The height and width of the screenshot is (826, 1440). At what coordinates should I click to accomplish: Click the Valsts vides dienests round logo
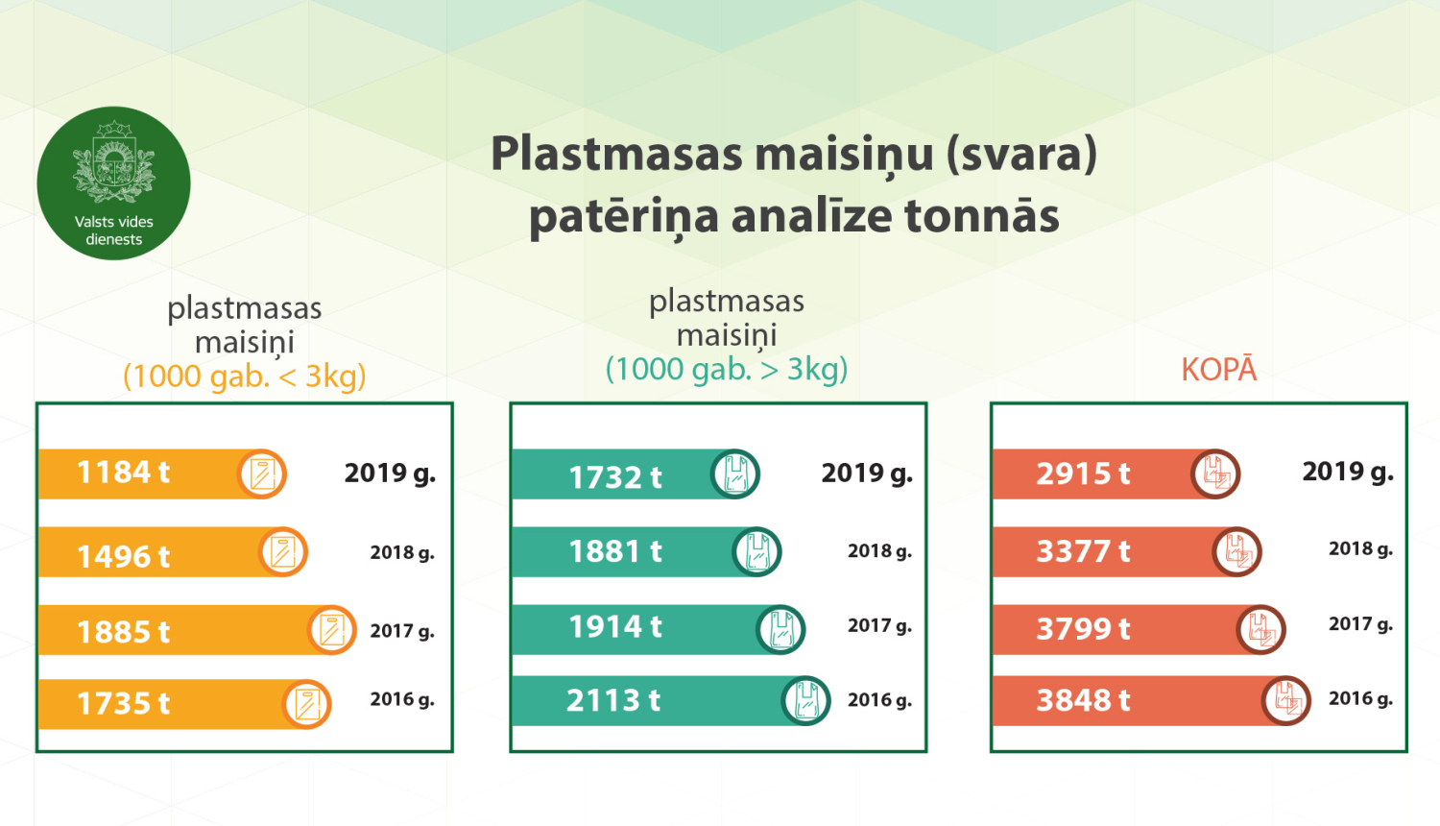113,182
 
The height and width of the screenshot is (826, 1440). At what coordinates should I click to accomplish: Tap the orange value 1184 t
123,473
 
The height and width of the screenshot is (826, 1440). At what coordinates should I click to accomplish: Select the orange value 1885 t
123,632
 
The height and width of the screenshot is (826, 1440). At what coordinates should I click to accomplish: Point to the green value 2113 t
613,701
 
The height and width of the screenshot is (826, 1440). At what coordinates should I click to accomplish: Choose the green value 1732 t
615,477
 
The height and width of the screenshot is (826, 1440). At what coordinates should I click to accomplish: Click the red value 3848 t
1083,701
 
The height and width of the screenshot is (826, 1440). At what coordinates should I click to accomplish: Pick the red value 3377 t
1083,551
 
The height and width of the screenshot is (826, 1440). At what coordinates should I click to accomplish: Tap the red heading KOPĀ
1218,370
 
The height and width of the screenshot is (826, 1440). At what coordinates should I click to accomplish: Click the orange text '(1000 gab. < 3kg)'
245,376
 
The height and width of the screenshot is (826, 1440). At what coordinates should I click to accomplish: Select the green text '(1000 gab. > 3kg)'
727,369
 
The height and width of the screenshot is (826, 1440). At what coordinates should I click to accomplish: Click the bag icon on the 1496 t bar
283,552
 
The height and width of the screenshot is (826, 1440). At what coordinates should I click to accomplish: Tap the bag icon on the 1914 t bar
780,630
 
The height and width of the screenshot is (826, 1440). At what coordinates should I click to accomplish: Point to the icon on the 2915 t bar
1215,474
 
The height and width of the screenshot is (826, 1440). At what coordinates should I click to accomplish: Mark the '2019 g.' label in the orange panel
390,473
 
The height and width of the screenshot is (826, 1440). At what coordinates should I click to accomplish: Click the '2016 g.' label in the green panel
879,700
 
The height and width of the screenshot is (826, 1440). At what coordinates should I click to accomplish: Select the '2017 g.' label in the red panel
1360,624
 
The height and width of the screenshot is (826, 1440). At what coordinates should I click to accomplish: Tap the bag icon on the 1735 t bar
307,704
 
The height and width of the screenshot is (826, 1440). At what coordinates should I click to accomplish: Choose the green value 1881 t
615,551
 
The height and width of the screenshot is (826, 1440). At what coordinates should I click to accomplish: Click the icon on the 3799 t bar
1260,630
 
